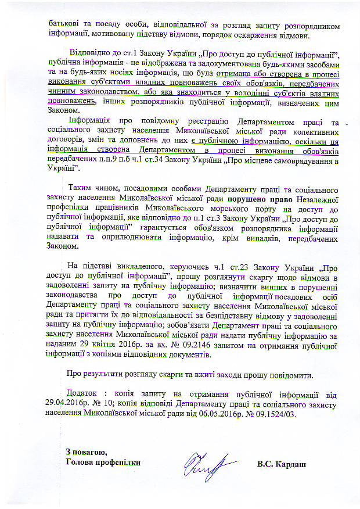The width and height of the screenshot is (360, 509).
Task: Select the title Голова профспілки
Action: tap(103, 463)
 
